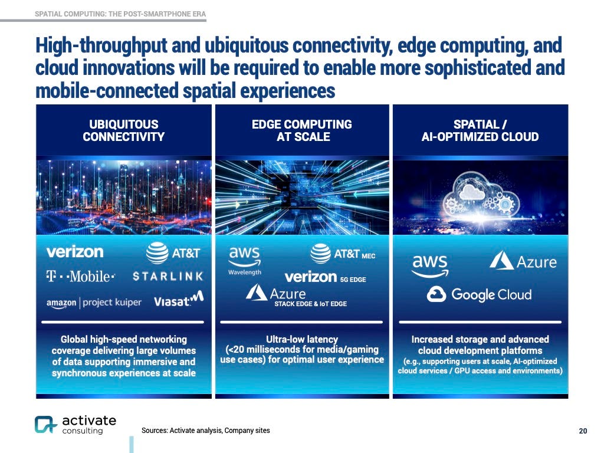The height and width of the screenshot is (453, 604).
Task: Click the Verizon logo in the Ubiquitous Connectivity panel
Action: (x=75, y=252)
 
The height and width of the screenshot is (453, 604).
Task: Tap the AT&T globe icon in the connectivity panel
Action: (x=157, y=254)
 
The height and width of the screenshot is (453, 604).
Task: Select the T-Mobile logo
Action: (x=81, y=276)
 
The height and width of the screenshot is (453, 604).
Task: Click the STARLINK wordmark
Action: (x=168, y=276)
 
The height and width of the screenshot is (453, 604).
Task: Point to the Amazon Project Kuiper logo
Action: (x=94, y=303)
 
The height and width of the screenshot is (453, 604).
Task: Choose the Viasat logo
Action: (x=179, y=300)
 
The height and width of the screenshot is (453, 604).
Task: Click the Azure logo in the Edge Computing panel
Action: (x=276, y=293)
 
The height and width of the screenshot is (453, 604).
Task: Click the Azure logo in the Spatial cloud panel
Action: (x=523, y=260)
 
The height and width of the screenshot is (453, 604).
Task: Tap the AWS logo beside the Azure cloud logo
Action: (x=431, y=265)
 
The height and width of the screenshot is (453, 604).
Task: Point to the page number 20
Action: (x=583, y=431)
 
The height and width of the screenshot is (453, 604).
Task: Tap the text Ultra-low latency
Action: (x=302, y=339)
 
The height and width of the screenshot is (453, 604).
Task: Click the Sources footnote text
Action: (x=206, y=431)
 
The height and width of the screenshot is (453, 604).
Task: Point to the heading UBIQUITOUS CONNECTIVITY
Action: (x=123, y=130)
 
